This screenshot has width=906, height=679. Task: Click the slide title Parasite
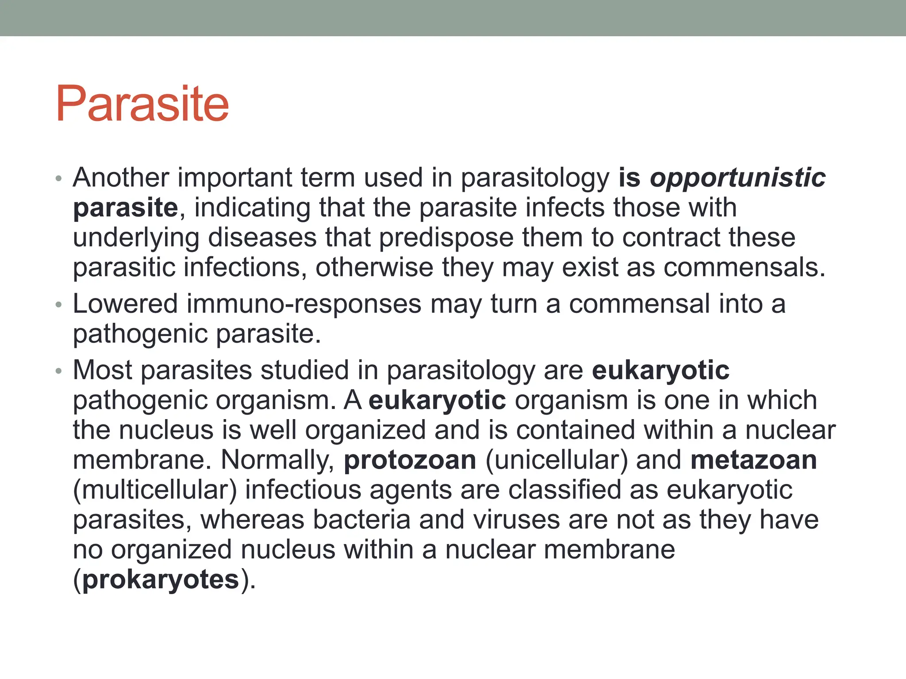(x=142, y=104)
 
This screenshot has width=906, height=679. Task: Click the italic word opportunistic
(x=737, y=178)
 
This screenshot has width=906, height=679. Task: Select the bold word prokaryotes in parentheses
(x=161, y=580)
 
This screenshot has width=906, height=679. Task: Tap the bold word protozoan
(x=410, y=460)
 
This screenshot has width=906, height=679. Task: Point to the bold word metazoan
(x=753, y=460)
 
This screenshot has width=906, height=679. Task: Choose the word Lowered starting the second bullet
(x=125, y=304)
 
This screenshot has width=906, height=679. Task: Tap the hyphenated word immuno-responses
(x=304, y=305)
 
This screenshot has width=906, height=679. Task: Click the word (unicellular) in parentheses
(x=557, y=460)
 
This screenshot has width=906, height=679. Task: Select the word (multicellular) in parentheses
(x=155, y=490)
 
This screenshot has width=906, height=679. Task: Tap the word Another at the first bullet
(x=121, y=178)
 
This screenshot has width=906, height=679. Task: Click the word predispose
(x=446, y=238)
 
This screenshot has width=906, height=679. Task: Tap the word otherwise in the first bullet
(x=374, y=268)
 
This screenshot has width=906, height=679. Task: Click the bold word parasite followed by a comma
(x=125, y=208)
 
